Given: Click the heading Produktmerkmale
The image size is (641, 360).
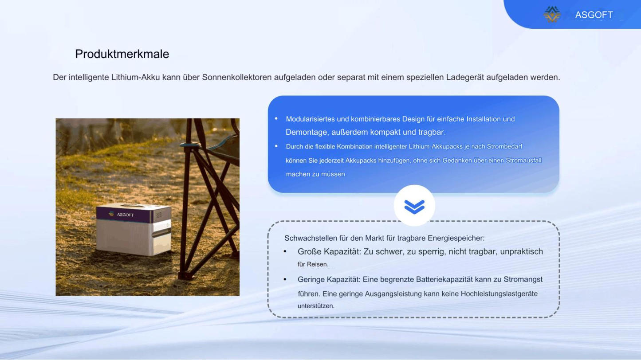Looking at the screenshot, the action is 122,54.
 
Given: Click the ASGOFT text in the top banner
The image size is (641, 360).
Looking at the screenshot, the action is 594,15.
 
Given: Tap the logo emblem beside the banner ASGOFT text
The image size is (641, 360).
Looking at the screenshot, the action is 552,14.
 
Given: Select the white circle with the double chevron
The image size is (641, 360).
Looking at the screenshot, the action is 414,206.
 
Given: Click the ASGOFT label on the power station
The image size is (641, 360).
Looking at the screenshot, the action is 125,215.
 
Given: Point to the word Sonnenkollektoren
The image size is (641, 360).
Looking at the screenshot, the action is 236,77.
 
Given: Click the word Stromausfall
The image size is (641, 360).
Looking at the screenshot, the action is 524,160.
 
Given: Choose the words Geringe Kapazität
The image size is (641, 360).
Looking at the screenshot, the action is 329,279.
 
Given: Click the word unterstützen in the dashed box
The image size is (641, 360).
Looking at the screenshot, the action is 316,306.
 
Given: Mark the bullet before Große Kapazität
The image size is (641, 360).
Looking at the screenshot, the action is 285,252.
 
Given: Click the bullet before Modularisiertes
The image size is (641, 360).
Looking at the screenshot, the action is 276,119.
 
